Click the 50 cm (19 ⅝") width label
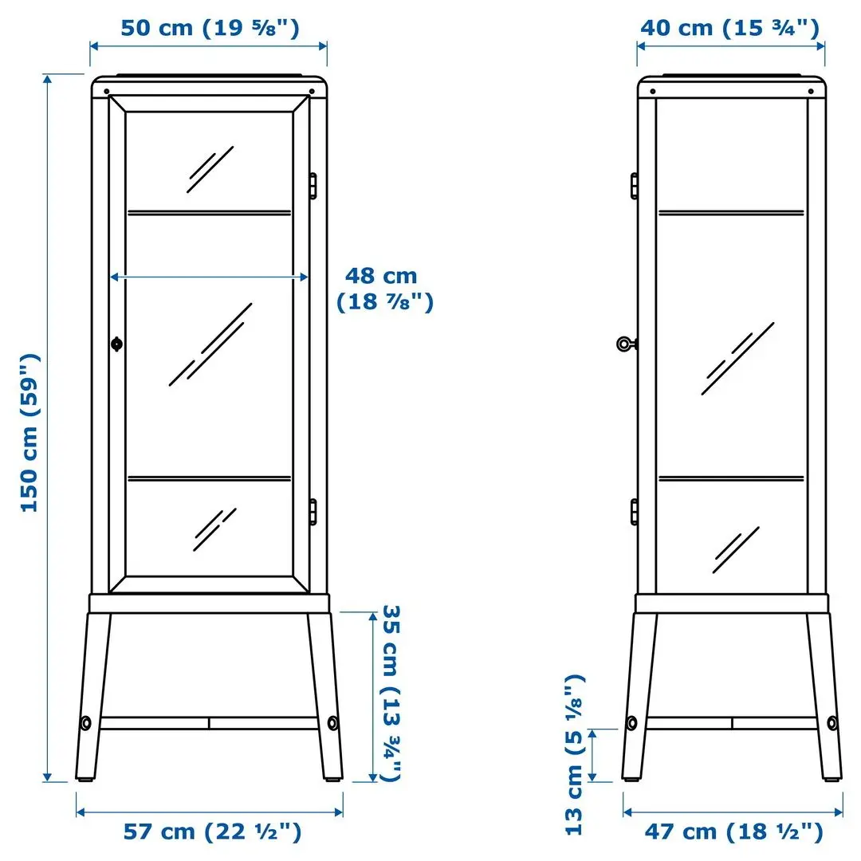(209, 28)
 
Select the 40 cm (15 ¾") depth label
(729, 28)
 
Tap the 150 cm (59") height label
(29, 431)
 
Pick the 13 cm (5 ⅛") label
(575, 753)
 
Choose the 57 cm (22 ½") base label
(212, 832)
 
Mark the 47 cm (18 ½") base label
(733, 832)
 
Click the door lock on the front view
(117, 344)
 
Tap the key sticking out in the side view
(626, 344)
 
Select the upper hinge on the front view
(313, 185)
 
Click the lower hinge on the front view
(313, 511)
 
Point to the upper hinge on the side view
(634, 185)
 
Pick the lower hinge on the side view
(634, 511)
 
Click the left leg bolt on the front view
(85, 723)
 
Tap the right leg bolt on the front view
(332, 723)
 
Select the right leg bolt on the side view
(832, 723)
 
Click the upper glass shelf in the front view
(209, 212)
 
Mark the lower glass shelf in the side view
(729, 478)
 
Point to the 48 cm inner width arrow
(209, 277)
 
